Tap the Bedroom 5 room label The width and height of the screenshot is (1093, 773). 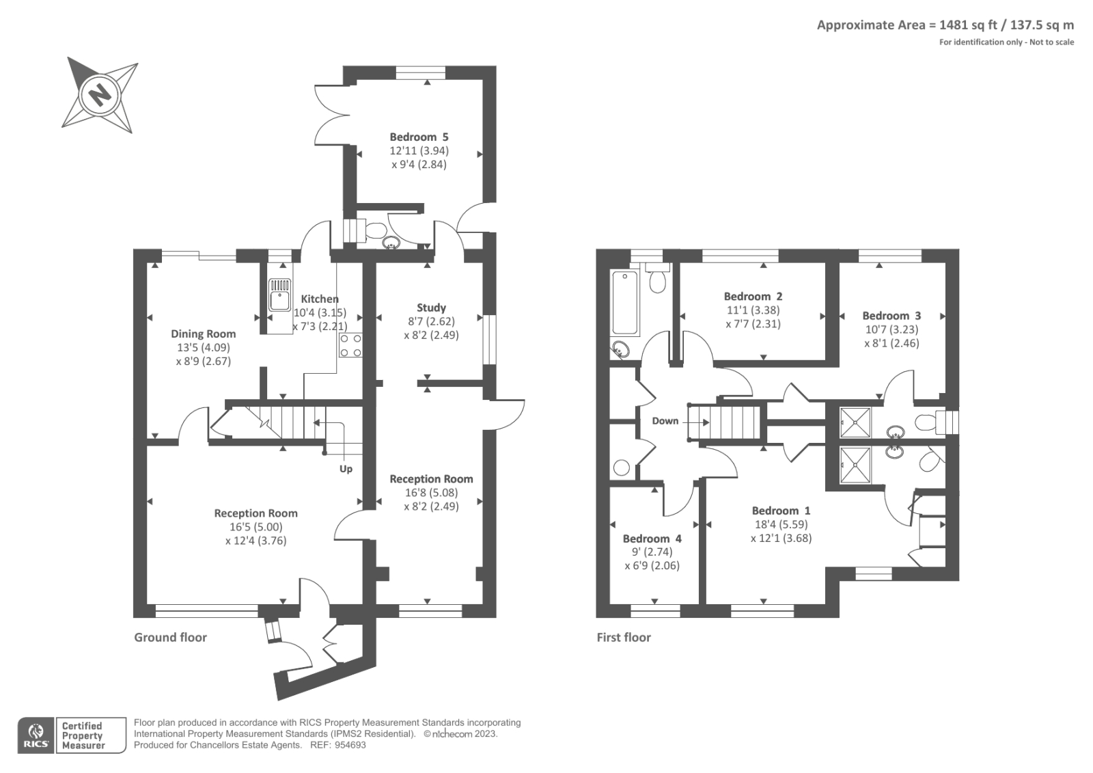click(419, 137)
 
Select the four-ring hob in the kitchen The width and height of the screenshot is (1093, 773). click(350, 345)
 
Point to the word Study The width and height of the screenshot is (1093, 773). click(431, 308)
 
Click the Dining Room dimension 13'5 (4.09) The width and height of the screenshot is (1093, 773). click(203, 347)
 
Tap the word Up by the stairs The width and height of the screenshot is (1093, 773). click(346, 469)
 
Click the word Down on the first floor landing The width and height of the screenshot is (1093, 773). click(665, 420)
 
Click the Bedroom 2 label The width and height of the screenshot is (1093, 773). click(753, 296)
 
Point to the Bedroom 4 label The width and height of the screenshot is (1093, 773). click(652, 539)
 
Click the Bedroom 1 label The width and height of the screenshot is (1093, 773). click(781, 511)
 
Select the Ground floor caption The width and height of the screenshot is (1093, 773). click(170, 637)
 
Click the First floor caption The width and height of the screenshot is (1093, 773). click(624, 637)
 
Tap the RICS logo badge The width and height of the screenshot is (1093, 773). click(36, 735)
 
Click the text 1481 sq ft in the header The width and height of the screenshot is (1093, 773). click(969, 25)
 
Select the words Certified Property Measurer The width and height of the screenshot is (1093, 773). click(83, 735)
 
